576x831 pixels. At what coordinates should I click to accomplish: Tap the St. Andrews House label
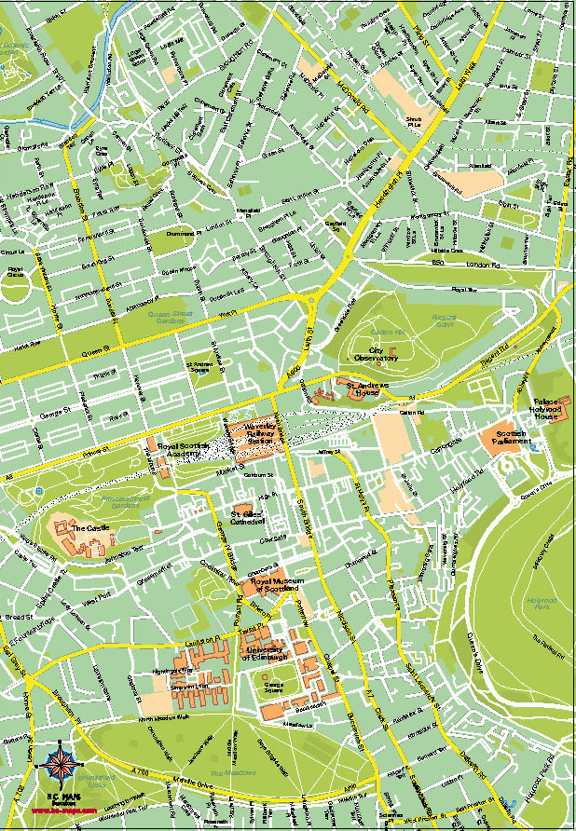tap(361, 388)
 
